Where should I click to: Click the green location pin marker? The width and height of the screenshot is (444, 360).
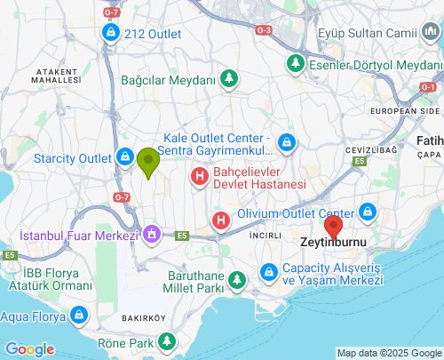147,162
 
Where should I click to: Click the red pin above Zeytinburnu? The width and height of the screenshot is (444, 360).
333,228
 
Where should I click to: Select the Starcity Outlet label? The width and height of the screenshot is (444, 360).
72,158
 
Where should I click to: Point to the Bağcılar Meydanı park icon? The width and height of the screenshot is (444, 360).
229,79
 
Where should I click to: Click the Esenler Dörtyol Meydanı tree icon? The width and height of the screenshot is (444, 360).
295,65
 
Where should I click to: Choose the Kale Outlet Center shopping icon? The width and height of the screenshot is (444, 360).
286,142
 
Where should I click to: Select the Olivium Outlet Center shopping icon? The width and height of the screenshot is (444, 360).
367,213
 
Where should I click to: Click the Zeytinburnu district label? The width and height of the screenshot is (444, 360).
333,242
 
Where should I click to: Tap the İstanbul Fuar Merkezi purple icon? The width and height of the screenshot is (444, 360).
151,235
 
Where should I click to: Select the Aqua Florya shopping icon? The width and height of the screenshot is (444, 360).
78,315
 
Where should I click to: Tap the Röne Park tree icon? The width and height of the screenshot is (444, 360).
166,340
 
